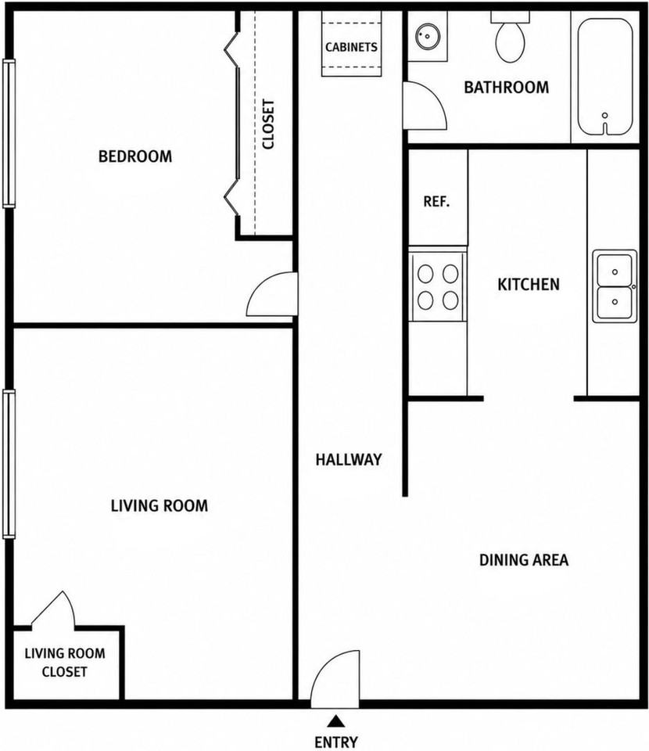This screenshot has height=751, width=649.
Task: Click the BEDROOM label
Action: point(135,156)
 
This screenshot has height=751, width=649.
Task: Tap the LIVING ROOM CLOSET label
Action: point(65,663)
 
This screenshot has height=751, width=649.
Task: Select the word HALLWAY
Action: point(349,460)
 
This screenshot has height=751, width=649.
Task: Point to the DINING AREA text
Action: point(524,560)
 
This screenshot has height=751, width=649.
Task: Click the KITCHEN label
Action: point(529,285)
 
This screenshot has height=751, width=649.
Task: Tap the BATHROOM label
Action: point(507,87)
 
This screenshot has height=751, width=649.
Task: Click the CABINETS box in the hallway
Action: point(351,44)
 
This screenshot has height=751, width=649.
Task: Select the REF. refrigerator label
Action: point(436,201)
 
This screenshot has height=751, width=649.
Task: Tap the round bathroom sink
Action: point(428,37)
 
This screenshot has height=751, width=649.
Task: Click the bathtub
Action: point(605,77)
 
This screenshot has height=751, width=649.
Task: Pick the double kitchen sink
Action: point(615,286)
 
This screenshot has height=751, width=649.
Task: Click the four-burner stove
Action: point(438,287)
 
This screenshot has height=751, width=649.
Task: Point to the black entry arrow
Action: point(336,720)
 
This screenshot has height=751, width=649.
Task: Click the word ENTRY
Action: point(336,742)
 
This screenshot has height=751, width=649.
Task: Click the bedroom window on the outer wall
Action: point(9,133)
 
